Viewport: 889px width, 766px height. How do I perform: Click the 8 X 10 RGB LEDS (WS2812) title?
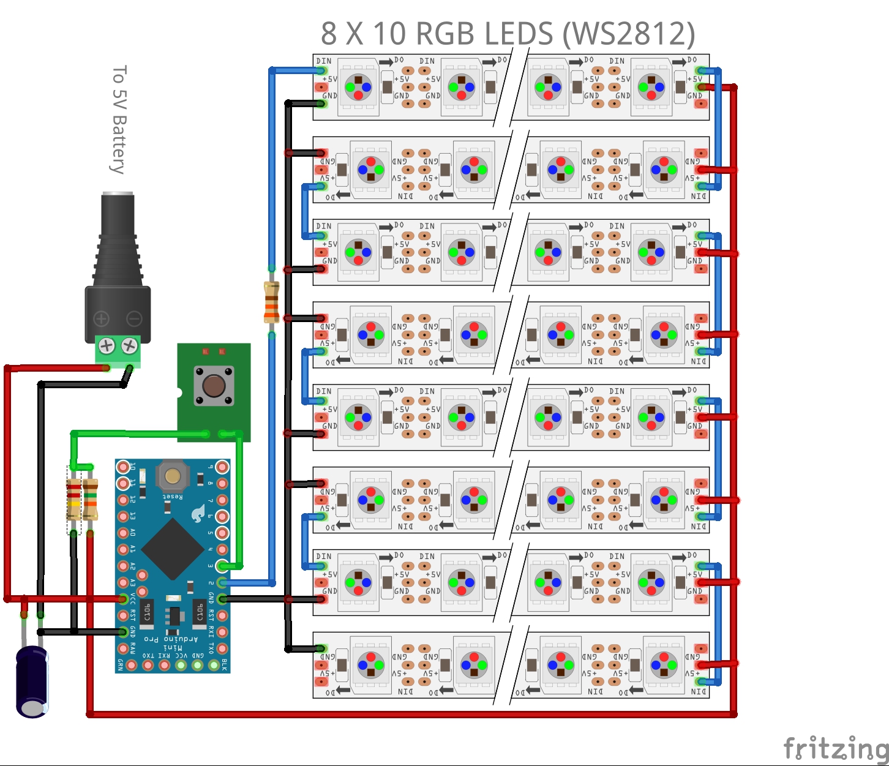[x=508, y=34]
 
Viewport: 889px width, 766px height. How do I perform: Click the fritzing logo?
[x=836, y=748]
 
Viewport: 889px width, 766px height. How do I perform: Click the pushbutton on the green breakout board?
[x=214, y=385]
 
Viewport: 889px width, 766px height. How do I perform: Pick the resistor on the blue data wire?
[x=271, y=302]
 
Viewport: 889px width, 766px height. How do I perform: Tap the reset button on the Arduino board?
[x=172, y=476]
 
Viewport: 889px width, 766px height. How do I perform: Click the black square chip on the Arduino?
[x=173, y=549]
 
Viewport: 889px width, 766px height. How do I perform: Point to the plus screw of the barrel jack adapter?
[x=107, y=346]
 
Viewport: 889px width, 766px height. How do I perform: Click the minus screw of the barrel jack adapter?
[x=129, y=346]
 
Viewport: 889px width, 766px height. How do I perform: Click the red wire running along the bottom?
[x=410, y=714]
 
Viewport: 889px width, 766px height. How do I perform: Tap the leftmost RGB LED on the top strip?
[x=358, y=88]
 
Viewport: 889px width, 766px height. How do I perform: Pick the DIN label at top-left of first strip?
[x=324, y=61]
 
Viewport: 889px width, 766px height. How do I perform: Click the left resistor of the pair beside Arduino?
[x=73, y=499]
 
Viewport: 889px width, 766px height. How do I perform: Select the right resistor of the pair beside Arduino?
[x=90, y=499]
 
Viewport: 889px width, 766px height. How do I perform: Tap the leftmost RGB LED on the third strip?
[x=358, y=252]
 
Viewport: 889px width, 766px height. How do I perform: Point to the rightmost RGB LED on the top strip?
[x=651, y=88]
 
